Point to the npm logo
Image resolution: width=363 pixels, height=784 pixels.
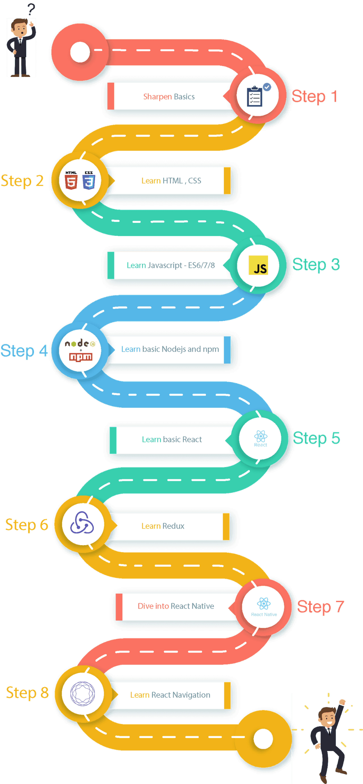tap(81, 357)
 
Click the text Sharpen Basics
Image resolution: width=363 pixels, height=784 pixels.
tap(169, 97)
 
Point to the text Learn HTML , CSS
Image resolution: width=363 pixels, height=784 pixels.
tap(171, 181)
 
